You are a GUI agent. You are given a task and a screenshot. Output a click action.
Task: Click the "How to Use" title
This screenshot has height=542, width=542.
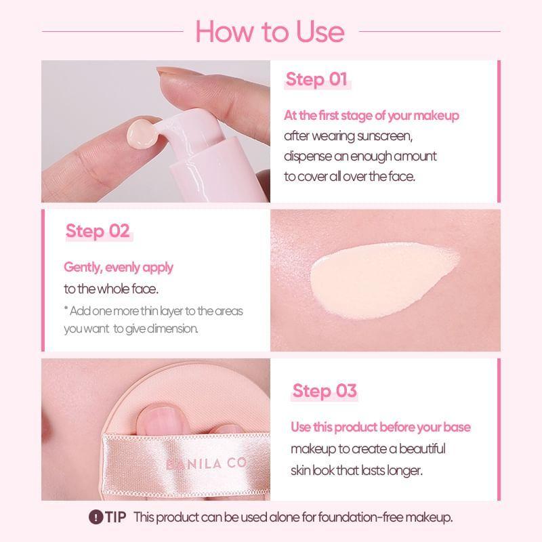[270, 31]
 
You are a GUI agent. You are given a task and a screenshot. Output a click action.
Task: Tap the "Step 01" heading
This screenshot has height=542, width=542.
[316, 79]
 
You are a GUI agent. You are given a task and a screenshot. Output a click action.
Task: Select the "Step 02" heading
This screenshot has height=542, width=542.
[97, 231]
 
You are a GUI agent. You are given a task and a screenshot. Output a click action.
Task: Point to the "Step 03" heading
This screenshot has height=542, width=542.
[324, 391]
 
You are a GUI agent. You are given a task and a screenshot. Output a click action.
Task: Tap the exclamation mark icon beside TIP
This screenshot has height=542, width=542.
[96, 518]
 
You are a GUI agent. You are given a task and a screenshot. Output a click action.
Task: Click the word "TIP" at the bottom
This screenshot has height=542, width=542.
[116, 518]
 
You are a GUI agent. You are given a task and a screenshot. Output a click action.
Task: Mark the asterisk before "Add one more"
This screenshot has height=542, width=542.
[66, 310]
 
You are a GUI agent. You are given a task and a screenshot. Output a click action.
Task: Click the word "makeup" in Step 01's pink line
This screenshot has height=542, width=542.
[436, 116]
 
